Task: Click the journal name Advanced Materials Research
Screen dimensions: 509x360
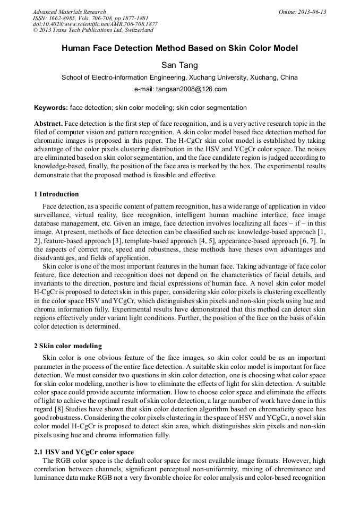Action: (69, 12)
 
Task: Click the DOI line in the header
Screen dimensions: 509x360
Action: (95, 24)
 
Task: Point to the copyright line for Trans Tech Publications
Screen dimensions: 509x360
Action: (93, 30)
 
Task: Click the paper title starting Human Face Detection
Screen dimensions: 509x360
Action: (180, 48)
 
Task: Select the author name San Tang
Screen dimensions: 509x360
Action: (180, 65)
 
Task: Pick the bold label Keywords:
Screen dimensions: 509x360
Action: (50, 108)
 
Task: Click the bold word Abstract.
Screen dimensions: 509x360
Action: (48, 124)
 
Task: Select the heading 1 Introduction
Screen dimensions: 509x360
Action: (56, 194)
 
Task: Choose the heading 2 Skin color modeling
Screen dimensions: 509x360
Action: (67, 346)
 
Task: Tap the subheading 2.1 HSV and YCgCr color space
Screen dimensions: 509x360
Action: (84, 452)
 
